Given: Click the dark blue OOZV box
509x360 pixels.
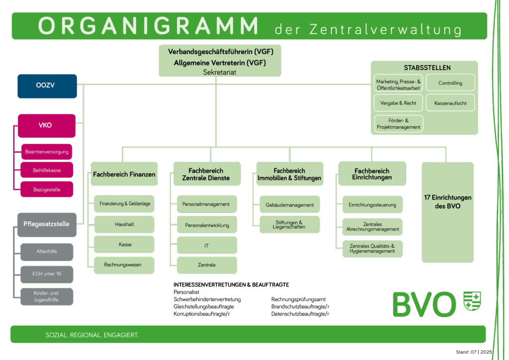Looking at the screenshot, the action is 47,86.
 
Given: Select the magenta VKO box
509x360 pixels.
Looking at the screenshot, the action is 47,126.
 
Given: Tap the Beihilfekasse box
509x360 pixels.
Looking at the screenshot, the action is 47,170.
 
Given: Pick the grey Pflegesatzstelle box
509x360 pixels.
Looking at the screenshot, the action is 47,225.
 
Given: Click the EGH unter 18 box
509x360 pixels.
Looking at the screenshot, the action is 47,274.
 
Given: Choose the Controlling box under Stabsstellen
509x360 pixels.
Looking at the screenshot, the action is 450,83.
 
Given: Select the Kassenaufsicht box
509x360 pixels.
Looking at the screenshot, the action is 450,103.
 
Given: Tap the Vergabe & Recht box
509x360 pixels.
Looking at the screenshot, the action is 398,103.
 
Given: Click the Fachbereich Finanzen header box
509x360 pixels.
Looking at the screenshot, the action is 124,174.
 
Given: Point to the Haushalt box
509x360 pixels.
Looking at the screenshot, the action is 124,224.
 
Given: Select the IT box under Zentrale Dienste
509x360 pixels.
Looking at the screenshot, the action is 207,246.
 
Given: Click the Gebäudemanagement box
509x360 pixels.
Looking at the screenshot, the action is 290,204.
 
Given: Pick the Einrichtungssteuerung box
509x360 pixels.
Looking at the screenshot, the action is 372,204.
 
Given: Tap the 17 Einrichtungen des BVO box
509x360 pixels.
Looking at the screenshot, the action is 448,212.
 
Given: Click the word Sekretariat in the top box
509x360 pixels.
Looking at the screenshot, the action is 220,72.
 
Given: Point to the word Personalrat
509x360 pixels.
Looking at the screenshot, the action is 186,292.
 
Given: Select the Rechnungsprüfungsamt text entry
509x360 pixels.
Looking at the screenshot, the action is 298,299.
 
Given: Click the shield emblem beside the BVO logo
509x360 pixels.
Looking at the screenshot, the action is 472,301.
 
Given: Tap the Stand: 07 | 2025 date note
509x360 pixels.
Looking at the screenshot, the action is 474,352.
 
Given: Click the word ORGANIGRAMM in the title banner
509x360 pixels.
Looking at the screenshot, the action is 148,26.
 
